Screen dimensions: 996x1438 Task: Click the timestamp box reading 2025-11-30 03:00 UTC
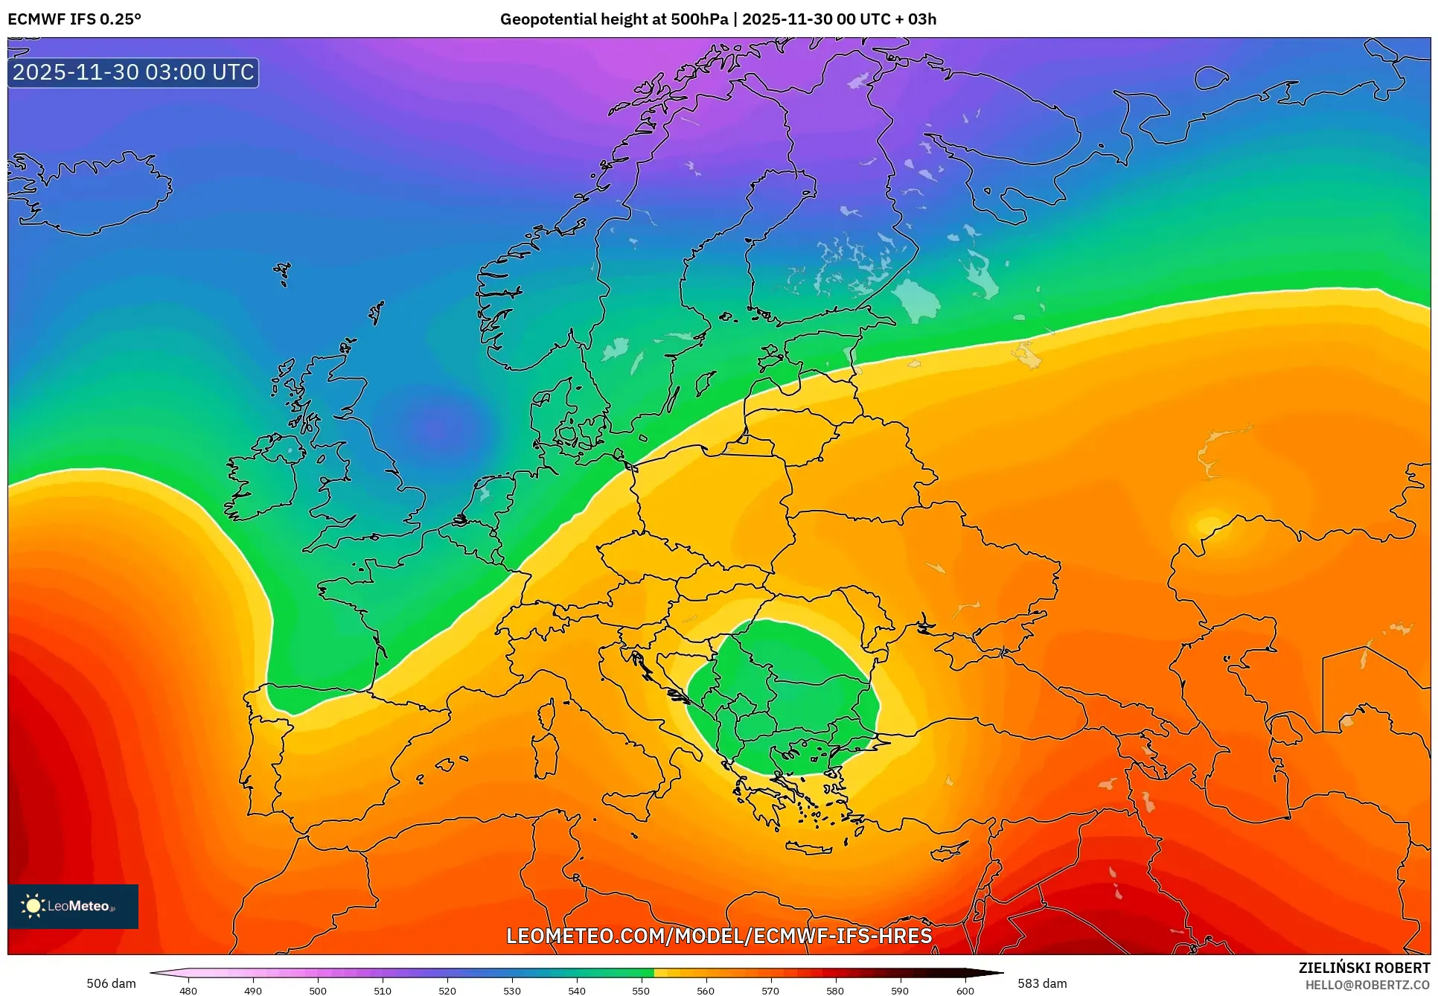[x=133, y=72]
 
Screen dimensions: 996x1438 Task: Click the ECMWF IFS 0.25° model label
[x=74, y=19]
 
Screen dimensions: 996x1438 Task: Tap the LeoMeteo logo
[x=73, y=906]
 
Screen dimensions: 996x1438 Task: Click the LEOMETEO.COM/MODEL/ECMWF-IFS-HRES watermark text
[x=719, y=936]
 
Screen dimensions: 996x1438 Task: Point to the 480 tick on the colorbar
[x=188, y=990]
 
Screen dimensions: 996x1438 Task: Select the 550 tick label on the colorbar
[x=641, y=990]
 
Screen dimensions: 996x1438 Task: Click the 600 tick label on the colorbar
[x=965, y=990]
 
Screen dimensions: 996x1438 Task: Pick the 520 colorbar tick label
[x=447, y=990]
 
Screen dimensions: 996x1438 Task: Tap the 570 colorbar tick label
[x=770, y=990]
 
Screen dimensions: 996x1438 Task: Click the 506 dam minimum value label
[x=111, y=983]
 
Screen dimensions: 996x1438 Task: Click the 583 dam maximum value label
[x=1042, y=983]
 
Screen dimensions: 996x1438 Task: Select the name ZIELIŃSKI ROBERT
[x=1364, y=968]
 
